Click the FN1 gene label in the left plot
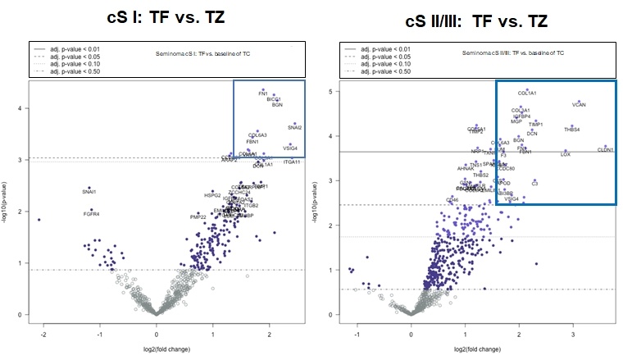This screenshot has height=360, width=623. point(263,94)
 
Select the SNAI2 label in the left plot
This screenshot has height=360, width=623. point(295,128)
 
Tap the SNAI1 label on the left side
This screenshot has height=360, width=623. point(89,192)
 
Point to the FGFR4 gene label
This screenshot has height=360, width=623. point(91,214)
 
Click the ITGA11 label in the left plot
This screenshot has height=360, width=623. point(292,162)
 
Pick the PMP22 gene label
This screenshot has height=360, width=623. point(198,217)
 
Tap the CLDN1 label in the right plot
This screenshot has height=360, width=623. point(605,150)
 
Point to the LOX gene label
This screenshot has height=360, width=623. point(565,153)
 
